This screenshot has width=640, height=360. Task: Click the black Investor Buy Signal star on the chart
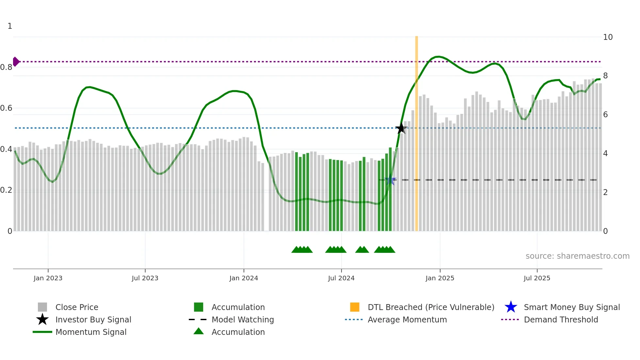pos(401,128)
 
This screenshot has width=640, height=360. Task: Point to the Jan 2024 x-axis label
pos(244,278)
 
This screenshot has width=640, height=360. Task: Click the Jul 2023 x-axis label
pos(145,278)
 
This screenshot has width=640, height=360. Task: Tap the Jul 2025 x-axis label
pos(537,278)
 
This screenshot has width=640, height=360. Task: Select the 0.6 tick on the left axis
pos(6,108)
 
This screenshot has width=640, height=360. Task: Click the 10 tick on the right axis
pos(608,37)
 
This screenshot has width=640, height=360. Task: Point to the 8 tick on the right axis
pos(605,76)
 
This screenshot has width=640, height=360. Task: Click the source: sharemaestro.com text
pos(577,256)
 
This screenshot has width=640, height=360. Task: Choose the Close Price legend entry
pos(77,307)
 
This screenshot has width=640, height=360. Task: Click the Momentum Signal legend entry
pos(91,332)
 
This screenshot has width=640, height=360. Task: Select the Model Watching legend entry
pos(243,319)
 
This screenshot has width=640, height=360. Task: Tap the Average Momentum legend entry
pos(407,319)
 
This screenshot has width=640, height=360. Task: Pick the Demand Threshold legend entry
pos(561,319)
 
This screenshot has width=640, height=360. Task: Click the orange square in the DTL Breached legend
pos(355,307)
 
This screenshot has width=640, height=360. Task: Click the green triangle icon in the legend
pos(199,331)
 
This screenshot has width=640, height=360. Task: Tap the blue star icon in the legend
pos(511,307)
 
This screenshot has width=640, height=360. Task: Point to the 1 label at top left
pos(10,26)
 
